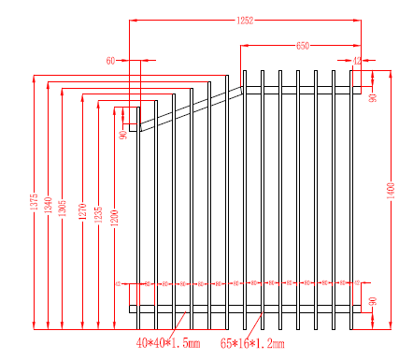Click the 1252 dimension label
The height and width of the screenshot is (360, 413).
pos(245,19)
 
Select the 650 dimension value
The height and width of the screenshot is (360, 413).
pos(303,45)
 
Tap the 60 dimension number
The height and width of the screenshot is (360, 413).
pos(111,61)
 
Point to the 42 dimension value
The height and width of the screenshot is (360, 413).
pos(357,61)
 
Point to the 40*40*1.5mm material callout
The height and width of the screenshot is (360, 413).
pos(167,344)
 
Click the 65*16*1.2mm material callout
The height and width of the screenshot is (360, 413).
pos(250,344)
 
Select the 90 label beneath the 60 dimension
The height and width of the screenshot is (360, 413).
pos(122,135)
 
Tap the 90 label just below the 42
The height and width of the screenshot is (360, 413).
pos(372,97)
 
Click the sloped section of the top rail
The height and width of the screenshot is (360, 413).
pos(187,108)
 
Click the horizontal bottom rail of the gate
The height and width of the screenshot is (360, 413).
pos(243,309)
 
